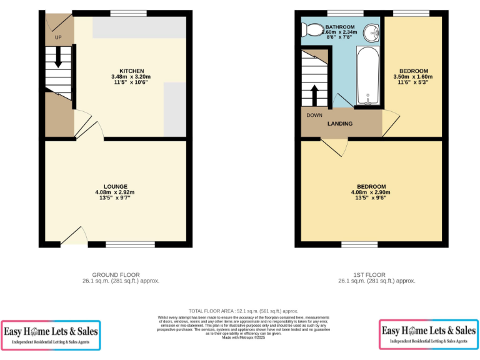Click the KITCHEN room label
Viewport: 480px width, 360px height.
coord(132,71)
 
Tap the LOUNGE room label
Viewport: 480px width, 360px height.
coord(116,186)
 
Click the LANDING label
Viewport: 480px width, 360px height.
coord(340,124)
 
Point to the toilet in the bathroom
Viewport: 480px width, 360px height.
coord(310,30)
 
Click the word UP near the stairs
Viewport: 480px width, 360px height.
coord(58,37)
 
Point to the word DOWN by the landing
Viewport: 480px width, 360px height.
coord(314,116)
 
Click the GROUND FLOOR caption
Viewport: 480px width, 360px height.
coord(116,274)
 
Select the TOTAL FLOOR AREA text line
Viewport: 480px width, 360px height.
coord(243,311)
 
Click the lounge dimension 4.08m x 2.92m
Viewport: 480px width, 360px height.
coord(116,192)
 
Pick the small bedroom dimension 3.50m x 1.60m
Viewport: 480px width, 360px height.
coord(412,77)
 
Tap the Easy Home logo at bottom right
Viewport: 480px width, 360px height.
coord(428,334)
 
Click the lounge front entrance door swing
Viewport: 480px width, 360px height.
coord(75,236)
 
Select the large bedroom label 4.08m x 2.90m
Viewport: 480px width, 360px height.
coord(371,192)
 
